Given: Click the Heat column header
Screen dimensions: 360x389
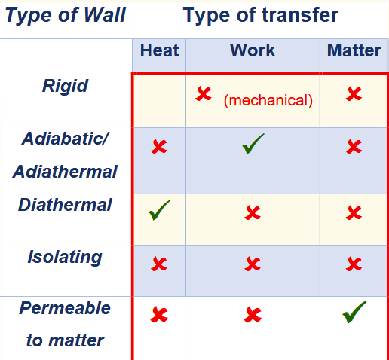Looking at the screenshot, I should pyautogui.click(x=159, y=51).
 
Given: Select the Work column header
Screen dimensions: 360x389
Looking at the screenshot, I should pyautogui.click(x=253, y=51).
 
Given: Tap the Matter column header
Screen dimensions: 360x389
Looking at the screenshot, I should pyautogui.click(x=354, y=51).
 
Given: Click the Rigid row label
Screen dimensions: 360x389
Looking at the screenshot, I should pyautogui.click(x=65, y=86).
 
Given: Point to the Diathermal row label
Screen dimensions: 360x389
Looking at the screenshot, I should pyautogui.click(x=65, y=205).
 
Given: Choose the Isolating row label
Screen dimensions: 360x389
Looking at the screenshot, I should pyautogui.click(x=65, y=257).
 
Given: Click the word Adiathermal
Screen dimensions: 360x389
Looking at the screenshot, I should pyautogui.click(x=65, y=172).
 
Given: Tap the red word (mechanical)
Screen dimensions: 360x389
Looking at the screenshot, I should pyautogui.click(x=268, y=100).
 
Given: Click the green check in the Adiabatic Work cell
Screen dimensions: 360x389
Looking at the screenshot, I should pyautogui.click(x=253, y=144).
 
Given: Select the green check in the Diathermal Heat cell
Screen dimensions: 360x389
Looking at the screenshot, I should pyautogui.click(x=159, y=210).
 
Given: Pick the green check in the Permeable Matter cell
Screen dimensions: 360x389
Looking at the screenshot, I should pyautogui.click(x=354, y=311).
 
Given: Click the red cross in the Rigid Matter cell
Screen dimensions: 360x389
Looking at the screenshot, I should pyautogui.click(x=354, y=94).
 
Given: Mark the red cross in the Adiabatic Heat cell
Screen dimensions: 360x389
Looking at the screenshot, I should pyautogui.click(x=159, y=146).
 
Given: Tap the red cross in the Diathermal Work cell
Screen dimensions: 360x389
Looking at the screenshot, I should pyautogui.click(x=253, y=213).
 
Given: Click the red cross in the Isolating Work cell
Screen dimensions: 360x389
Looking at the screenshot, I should pyautogui.click(x=253, y=264).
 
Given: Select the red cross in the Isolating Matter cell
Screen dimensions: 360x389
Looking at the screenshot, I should pyautogui.click(x=354, y=264).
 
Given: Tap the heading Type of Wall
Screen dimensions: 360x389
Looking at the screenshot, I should pyautogui.click(x=65, y=15).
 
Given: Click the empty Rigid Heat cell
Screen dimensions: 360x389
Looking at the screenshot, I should pyautogui.click(x=159, y=100).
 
